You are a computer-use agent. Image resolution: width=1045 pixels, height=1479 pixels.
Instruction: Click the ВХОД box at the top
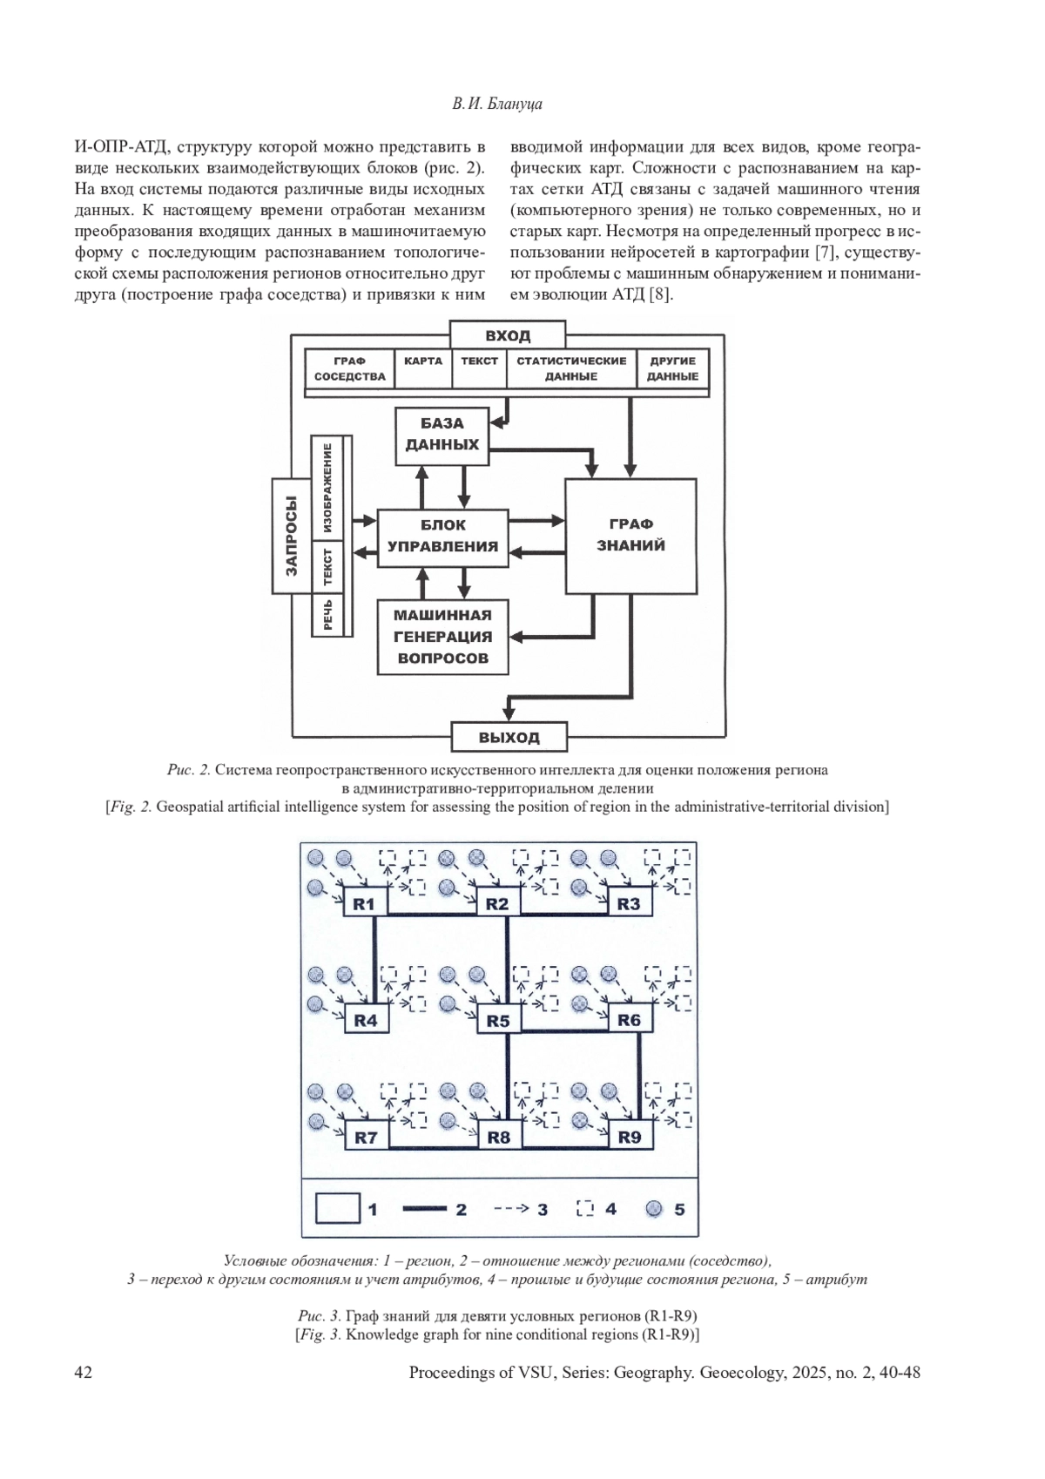pos(508,335)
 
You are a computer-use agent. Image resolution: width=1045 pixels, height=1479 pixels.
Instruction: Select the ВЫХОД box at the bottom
pos(509,737)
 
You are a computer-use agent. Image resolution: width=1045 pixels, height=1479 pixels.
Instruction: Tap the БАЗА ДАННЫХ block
pos(442,434)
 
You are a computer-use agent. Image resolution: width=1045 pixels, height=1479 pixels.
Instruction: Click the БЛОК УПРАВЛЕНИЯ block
pos(442,537)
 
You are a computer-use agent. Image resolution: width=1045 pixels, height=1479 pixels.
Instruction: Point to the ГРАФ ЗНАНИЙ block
pos(631,535)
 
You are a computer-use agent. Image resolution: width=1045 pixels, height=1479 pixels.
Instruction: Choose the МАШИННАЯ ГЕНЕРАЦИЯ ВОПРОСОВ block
pos(442,637)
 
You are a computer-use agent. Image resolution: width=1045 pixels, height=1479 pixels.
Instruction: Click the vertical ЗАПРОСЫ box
pos(292,536)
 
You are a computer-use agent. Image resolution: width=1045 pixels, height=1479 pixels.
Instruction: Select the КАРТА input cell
pos(423,361)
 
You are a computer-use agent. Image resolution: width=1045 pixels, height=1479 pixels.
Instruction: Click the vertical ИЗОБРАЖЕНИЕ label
pos(327,488)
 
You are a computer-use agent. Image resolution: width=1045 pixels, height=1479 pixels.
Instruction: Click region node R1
pos(364,904)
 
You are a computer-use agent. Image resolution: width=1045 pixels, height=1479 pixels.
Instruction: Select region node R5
pos(497,1020)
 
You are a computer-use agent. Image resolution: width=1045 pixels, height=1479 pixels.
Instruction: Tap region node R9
pos(629,1137)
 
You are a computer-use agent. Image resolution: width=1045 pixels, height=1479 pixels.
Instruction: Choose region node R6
pos(629,1020)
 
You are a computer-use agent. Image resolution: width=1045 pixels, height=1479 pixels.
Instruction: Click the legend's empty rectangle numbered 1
pos(338,1209)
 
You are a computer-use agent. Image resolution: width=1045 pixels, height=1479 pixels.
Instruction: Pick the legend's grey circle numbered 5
pos(655,1209)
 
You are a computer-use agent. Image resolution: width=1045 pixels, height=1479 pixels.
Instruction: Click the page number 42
pos(84,1373)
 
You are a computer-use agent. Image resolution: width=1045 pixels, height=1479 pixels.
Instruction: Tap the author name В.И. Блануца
pos(497,104)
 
